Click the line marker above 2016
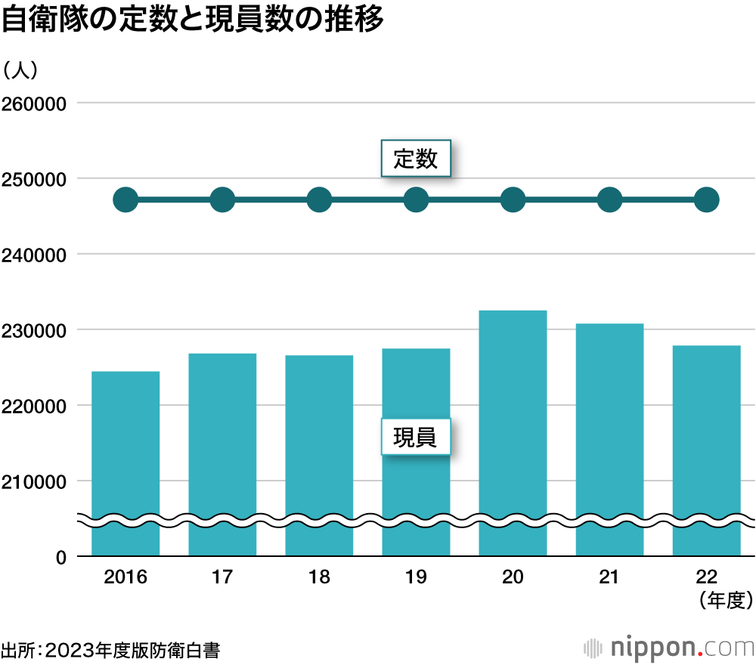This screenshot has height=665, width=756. click(x=125, y=200)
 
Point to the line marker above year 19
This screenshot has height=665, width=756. click(x=416, y=200)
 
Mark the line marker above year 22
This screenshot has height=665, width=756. click(x=706, y=200)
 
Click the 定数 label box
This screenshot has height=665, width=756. click(x=415, y=159)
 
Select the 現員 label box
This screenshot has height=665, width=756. click(x=415, y=437)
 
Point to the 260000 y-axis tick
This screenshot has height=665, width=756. click(x=36, y=104)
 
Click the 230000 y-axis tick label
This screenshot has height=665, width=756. click(x=36, y=330)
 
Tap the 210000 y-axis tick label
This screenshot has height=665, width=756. click(x=36, y=481)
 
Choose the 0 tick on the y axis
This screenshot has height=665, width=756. click(x=62, y=557)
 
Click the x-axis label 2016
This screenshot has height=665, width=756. click(x=125, y=578)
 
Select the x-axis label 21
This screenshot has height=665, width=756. click(x=609, y=578)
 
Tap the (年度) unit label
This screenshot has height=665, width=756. click(x=724, y=601)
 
